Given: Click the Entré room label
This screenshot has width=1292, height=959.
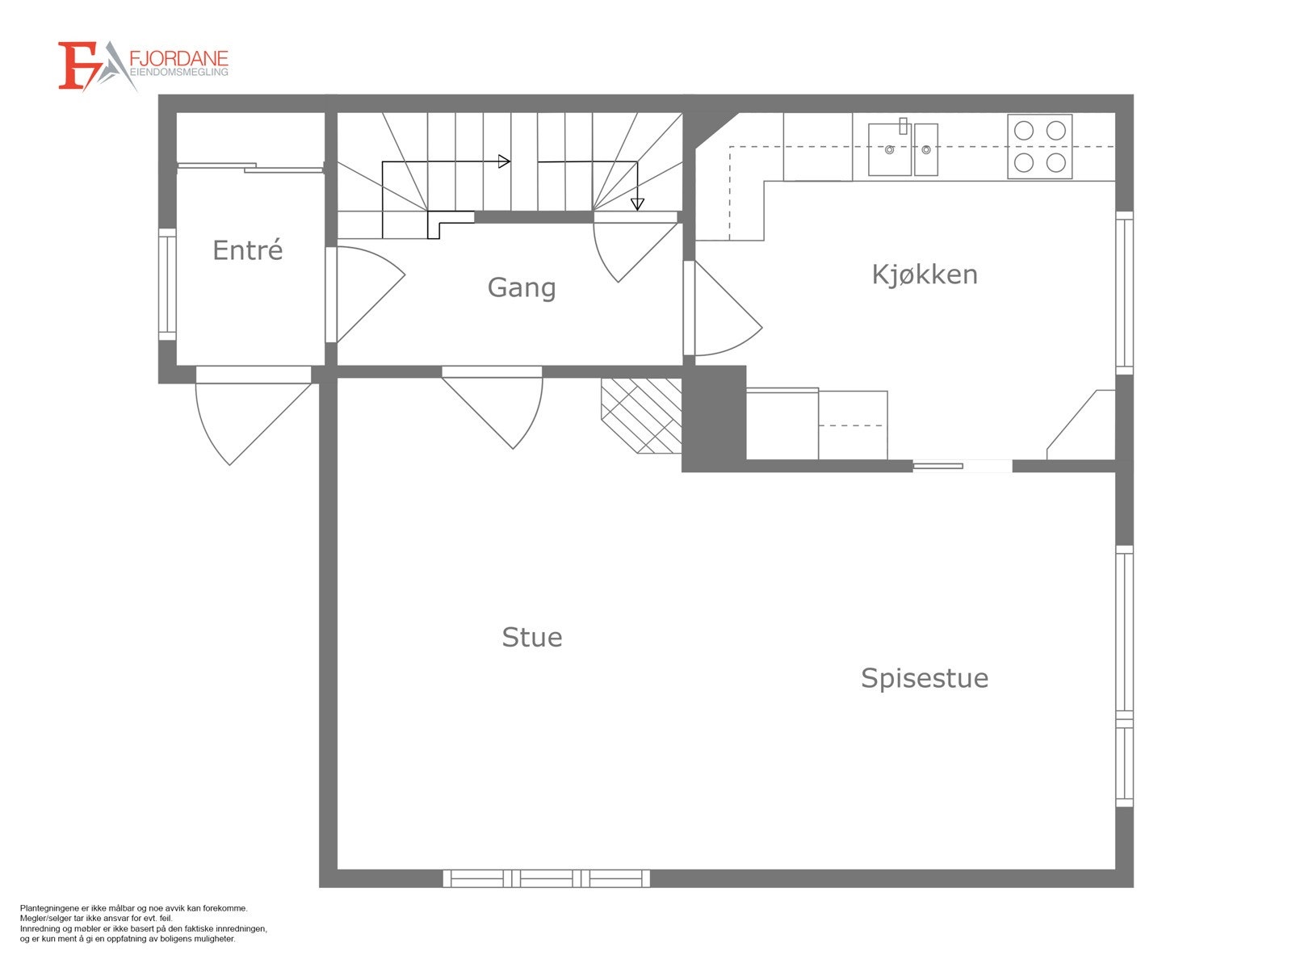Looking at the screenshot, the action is click(x=248, y=249).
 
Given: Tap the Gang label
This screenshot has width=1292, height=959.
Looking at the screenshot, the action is click(x=522, y=287).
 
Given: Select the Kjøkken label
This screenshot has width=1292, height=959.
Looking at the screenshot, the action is click(x=925, y=274).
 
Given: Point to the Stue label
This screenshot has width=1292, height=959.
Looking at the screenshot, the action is click(x=532, y=638).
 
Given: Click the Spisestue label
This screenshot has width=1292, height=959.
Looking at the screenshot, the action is click(x=925, y=679).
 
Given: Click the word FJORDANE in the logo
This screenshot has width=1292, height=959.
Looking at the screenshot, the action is click(x=178, y=59).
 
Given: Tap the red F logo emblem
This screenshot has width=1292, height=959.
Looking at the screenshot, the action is click(x=77, y=66).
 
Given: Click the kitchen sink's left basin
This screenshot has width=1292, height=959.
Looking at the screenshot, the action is click(x=890, y=149).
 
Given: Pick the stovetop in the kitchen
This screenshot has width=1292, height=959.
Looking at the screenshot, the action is click(x=1040, y=146).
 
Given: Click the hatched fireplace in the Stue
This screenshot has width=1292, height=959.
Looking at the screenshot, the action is click(x=642, y=416).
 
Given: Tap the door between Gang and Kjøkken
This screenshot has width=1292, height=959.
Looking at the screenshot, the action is click(x=723, y=308).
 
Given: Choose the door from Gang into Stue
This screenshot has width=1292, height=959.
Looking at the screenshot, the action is click(x=493, y=408).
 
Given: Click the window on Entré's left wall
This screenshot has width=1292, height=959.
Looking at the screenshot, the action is click(x=167, y=283).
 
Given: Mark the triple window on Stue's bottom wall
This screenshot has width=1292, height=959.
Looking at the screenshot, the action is click(x=546, y=878).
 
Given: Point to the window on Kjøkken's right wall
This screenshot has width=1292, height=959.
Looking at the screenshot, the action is click(x=1124, y=293).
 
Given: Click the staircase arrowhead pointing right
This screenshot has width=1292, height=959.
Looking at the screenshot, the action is click(x=505, y=161).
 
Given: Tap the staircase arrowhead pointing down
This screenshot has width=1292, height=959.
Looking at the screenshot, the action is click(x=637, y=204).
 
